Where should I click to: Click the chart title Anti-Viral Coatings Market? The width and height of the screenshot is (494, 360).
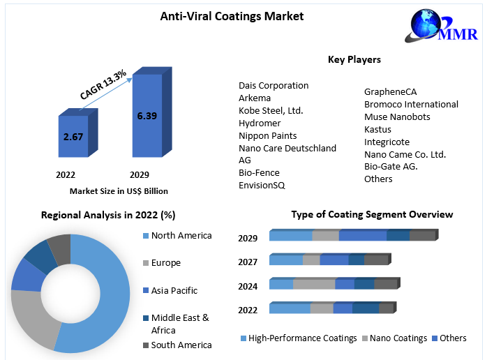232,15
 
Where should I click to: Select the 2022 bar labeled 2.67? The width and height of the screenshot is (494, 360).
73,136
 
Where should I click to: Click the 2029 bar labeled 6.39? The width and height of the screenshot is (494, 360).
147,115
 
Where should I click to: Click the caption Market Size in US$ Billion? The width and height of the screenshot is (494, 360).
119,190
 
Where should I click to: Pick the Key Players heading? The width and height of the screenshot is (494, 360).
354,59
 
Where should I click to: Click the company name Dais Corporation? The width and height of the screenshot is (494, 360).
274,85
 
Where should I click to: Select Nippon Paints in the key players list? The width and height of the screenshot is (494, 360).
267,135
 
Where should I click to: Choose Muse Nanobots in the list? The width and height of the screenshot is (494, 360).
397,117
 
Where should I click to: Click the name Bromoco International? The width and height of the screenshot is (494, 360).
411,104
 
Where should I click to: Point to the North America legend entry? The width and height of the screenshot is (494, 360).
181,235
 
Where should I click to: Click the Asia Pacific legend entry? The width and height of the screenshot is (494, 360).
174,290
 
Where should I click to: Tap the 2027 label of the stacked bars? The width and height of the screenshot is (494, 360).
248,262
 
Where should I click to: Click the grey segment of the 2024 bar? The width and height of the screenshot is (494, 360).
314,284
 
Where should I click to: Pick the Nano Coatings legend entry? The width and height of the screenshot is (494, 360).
398,338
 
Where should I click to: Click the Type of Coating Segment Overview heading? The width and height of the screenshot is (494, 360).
372,214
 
